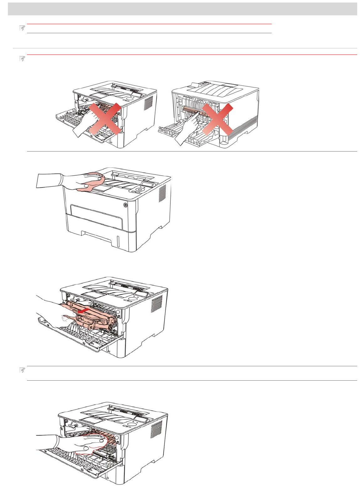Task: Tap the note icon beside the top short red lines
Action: [x=22, y=28]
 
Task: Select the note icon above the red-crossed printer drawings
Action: [x=22, y=59]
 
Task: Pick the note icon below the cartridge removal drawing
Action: [x=22, y=370]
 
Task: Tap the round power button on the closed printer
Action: [x=126, y=205]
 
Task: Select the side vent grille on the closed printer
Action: [x=162, y=193]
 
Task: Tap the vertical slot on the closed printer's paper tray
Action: [x=117, y=241]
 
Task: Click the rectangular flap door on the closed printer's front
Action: [x=96, y=216]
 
